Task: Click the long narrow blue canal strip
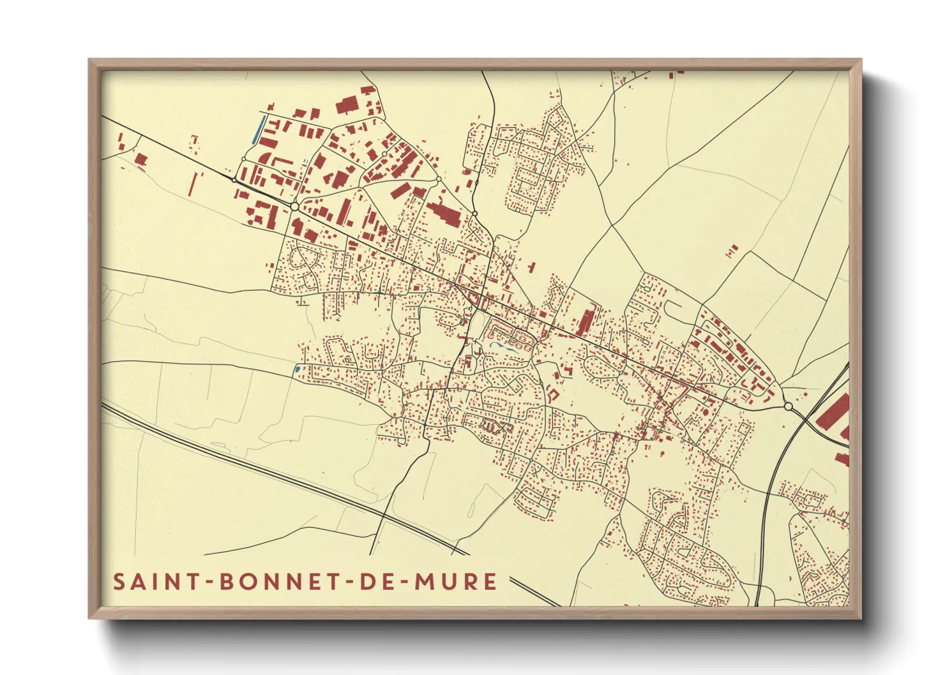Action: point(259,130)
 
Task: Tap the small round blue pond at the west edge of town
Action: point(298,369)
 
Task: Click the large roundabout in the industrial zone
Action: point(294,206)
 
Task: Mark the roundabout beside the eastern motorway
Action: point(788,406)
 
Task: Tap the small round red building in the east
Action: point(706,412)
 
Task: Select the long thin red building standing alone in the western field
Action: point(193,184)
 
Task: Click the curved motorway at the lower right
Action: point(766,510)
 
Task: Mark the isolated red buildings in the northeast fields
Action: point(732,251)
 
